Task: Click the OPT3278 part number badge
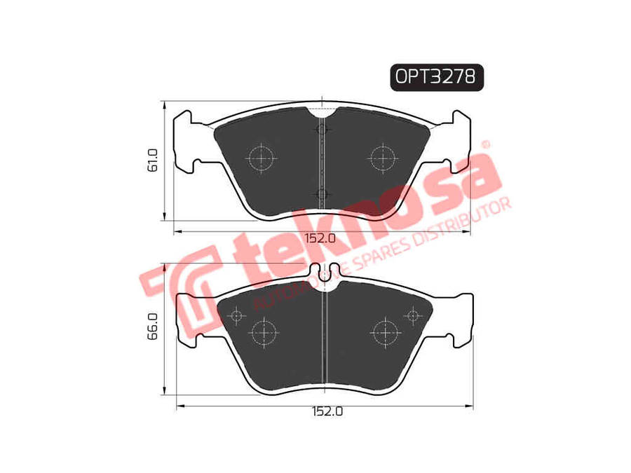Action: point(437,77)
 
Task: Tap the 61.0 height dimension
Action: point(153,160)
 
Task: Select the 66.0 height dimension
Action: point(153,327)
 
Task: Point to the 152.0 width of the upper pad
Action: point(320,238)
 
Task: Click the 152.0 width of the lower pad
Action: point(327,411)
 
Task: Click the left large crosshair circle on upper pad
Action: point(262,158)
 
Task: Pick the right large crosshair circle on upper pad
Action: point(383,158)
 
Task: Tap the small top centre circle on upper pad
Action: point(322,130)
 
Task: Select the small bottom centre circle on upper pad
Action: point(322,195)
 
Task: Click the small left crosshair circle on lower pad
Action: point(237,316)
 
